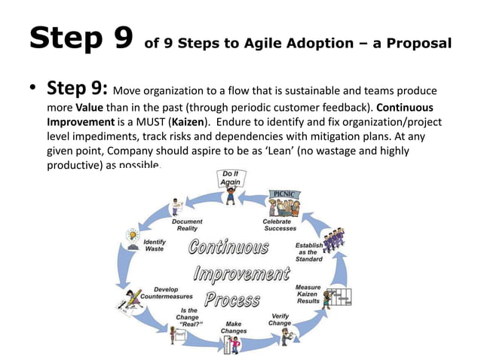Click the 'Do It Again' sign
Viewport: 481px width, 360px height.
tap(230, 178)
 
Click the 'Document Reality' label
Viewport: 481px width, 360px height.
tap(186, 225)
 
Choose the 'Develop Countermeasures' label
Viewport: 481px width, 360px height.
tap(167, 292)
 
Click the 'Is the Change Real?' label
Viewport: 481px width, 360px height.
tap(188, 317)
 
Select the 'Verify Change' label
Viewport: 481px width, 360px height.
tap(280, 319)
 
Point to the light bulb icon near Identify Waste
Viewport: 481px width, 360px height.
tap(133, 235)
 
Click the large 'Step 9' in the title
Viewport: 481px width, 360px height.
tap(81, 38)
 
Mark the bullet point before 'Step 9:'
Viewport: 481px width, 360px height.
tap(33, 91)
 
